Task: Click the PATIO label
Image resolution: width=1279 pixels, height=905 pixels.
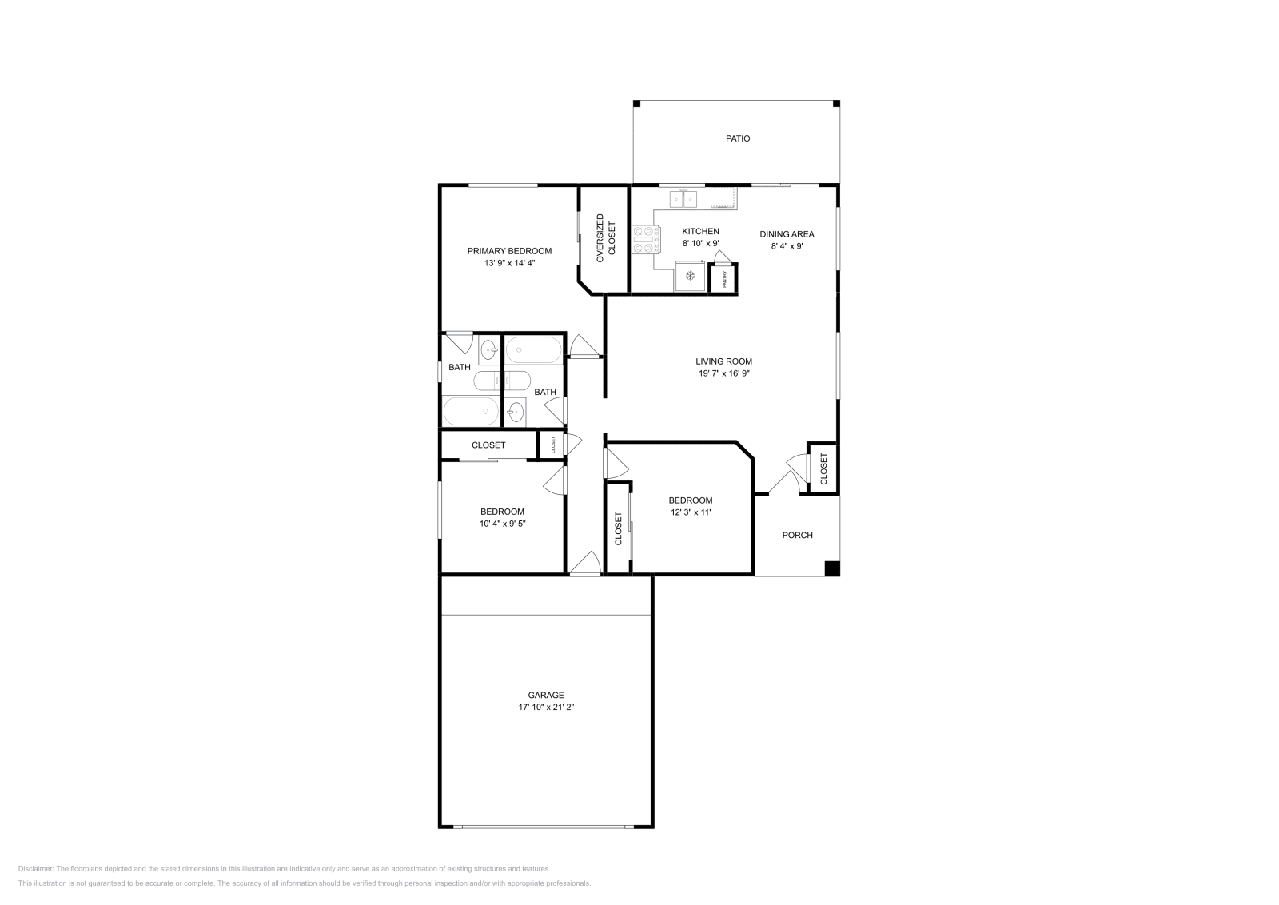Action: (738, 139)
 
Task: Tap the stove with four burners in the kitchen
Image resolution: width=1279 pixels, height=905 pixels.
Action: (646, 240)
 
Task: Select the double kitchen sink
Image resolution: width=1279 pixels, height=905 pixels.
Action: (683, 199)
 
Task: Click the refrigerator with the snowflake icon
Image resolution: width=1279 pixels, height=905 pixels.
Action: (691, 277)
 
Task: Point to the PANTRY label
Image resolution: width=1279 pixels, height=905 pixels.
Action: (724, 279)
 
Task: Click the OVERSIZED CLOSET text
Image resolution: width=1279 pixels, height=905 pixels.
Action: (606, 238)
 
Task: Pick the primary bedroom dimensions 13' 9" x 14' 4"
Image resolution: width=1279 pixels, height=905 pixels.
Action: (509, 263)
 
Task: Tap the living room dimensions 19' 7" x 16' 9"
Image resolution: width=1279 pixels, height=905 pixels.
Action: (724, 373)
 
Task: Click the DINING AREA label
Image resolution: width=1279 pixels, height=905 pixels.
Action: (787, 234)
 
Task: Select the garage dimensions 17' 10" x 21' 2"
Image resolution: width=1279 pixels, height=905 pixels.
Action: (546, 707)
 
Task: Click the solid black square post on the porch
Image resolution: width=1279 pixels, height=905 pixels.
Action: (832, 568)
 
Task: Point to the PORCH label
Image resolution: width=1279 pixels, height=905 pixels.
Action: (797, 535)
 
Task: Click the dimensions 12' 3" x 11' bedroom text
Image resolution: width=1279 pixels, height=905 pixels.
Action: (691, 512)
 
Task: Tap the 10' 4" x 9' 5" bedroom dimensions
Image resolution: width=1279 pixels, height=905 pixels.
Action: (503, 523)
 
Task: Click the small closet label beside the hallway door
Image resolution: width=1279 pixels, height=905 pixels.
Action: (552, 445)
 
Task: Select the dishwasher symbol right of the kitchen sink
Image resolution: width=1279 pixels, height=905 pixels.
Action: (723, 198)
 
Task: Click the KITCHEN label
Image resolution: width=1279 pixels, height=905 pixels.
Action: (700, 231)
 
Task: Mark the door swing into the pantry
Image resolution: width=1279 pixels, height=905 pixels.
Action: (723, 257)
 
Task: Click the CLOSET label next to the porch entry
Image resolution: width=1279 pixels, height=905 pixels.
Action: (823, 468)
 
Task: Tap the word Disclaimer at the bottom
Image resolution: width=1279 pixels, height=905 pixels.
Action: (35, 869)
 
